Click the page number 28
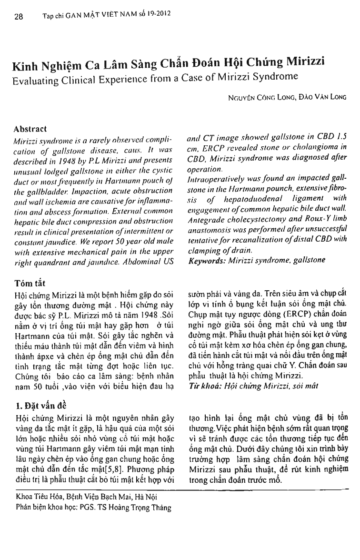click(19, 17)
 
